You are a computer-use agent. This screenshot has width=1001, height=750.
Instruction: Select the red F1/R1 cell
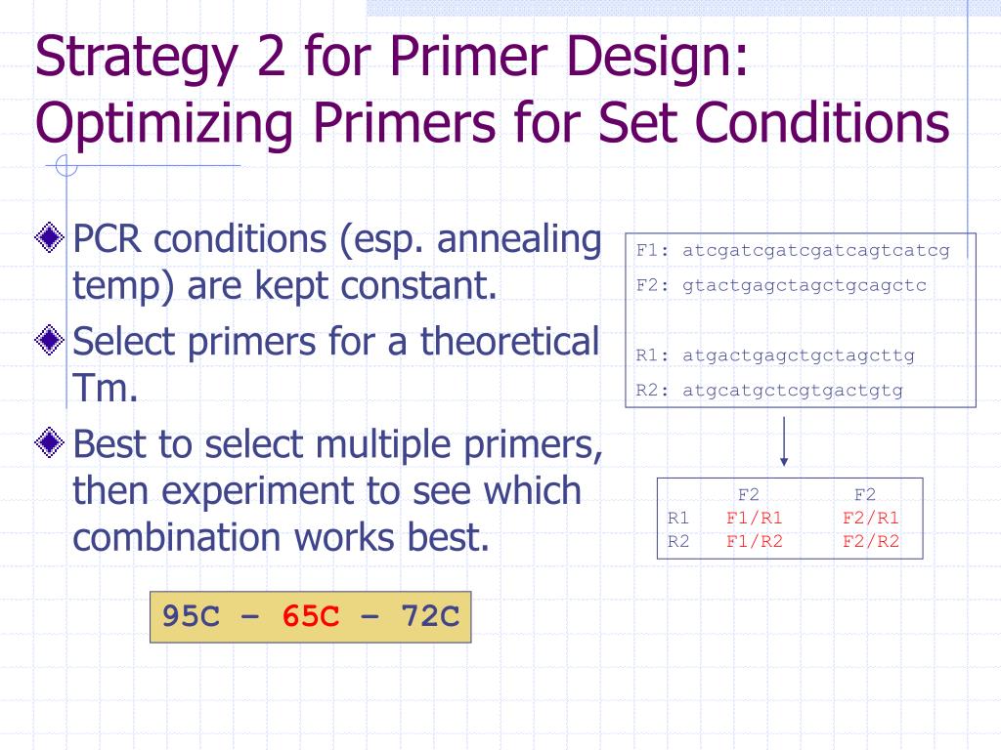tap(755, 519)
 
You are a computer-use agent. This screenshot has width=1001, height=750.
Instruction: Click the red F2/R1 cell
tap(870, 519)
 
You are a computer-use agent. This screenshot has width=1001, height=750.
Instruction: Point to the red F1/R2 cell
tap(755, 541)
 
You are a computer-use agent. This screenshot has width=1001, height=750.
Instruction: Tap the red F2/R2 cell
tap(870, 541)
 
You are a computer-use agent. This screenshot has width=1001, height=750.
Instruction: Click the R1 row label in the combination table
tap(678, 519)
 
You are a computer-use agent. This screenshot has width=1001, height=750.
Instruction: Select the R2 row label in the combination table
tap(678, 541)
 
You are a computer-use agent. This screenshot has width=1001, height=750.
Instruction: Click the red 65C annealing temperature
tap(311, 617)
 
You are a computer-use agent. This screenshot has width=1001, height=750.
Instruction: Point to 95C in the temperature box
tap(192, 617)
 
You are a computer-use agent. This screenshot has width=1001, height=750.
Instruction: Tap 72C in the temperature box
tap(430, 617)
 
